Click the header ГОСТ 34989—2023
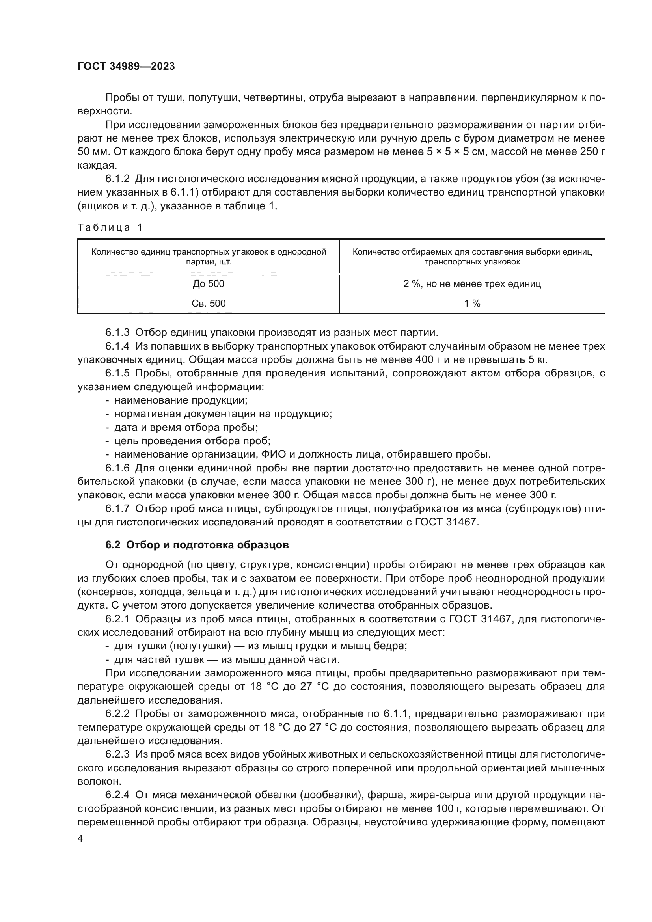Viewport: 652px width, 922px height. (126, 67)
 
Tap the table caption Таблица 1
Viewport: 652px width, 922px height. (110, 228)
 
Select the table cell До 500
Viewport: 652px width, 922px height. (209, 284)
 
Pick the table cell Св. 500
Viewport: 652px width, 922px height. (209, 303)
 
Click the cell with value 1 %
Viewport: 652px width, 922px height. (472, 303)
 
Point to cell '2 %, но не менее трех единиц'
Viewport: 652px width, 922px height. (472, 284)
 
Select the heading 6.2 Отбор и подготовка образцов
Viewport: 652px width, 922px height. (197, 545)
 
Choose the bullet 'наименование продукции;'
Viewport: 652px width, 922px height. (181, 400)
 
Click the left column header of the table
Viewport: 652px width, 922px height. (209, 257)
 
